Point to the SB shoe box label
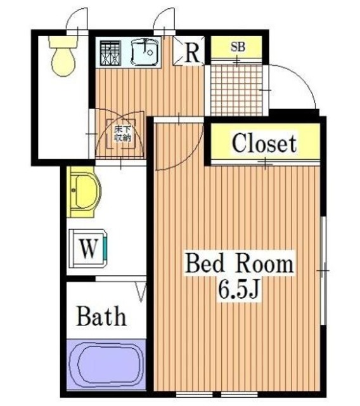coord(238,47)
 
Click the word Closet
coord(264,143)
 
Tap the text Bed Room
coord(239,263)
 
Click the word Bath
coord(101,315)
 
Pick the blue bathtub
coord(105,365)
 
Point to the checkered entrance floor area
coord(235,89)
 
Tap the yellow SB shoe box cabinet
coord(238,48)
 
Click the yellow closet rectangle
coord(264,144)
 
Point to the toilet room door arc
coord(79,18)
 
